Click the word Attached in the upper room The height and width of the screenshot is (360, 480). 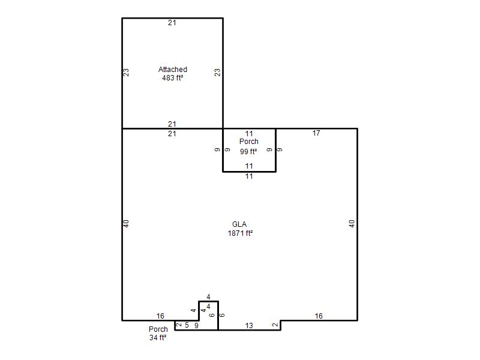pos(173,70)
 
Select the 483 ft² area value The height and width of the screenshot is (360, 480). pos(173,78)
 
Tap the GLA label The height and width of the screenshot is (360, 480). pos(239,224)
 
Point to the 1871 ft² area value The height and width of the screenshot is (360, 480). pos(240,233)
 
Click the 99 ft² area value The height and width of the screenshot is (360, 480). pos(248,152)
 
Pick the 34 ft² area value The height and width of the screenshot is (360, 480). pos(158,338)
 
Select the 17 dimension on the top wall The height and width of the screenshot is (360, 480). pos(316,133)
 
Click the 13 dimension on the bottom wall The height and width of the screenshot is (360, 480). pos(249,326)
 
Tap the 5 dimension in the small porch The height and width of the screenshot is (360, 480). pos(187,325)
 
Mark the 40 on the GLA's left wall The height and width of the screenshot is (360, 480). pos(126,224)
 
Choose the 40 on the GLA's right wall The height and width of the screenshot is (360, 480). pos(352,224)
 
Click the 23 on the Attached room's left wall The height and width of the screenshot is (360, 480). pos(126,73)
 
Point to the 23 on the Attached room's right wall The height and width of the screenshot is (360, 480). pos(217,73)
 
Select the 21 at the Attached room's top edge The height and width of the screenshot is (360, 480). pos(172,23)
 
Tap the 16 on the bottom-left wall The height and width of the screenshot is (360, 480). pos(160,316)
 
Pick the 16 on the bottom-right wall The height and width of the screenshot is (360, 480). pos(319,316)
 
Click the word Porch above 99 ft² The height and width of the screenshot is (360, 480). pos(249,142)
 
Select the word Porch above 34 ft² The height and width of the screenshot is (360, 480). pos(158,329)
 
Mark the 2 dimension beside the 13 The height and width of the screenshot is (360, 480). pos(275,325)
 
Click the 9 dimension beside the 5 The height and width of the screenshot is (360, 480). pos(196,326)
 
